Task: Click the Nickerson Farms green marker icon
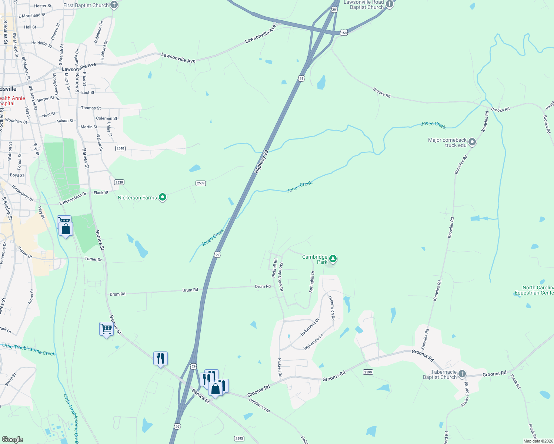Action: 163,197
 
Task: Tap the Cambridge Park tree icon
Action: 333,259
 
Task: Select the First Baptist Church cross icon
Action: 114,5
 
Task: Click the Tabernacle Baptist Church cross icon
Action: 462,374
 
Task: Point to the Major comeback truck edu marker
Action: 472,142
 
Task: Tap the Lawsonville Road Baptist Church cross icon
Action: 389,4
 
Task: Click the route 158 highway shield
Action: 344,33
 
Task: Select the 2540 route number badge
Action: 120,148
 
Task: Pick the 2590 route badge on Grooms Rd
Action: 368,372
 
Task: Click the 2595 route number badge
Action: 239,438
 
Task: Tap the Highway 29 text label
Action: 261,162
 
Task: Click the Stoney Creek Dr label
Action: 281,277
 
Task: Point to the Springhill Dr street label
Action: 312,282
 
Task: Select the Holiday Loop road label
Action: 259,405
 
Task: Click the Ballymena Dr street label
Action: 310,327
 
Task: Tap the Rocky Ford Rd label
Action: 465,394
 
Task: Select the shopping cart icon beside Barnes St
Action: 106,329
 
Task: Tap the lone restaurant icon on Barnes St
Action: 160,358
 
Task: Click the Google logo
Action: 13,439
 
